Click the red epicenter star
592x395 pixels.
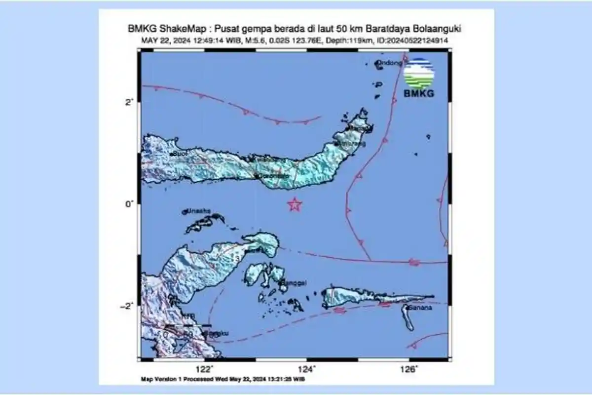295,204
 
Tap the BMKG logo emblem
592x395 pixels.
419,74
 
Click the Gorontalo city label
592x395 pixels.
272,176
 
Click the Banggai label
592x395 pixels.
294,283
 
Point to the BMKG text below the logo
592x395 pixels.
419,93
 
